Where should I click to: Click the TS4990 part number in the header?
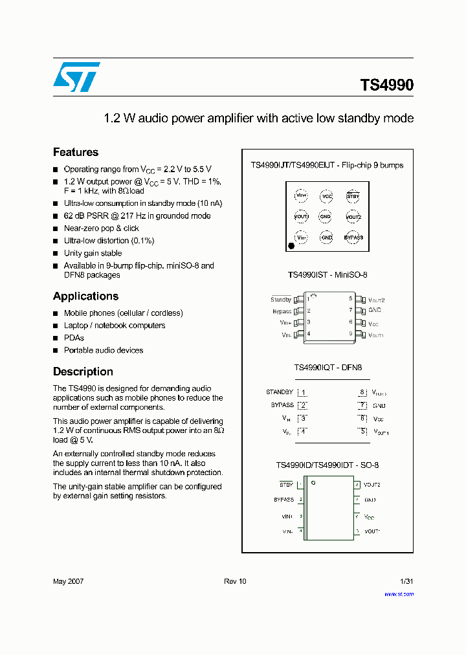coord(386,85)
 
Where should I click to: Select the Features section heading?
coord(76,152)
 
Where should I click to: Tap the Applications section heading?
coord(85,296)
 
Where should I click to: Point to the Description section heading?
coord(83,372)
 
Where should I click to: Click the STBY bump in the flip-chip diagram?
coord(353,195)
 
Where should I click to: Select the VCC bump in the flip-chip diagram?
coord(327,195)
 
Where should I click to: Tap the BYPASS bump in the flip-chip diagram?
coord(353,238)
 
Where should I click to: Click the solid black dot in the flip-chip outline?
coord(291,245)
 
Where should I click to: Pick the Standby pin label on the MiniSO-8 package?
coord(281,300)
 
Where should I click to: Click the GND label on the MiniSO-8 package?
coord(374,311)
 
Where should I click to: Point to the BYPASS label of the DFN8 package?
coord(282,405)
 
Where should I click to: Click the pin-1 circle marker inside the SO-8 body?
coord(313,483)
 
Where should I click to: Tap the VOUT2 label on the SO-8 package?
coord(372,484)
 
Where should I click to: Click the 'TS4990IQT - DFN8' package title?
coord(327,367)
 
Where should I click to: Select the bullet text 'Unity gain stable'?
coord(93,253)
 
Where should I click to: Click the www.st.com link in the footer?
coord(399,594)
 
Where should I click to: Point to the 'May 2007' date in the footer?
coord(68,581)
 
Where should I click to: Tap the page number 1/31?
coord(406,581)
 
